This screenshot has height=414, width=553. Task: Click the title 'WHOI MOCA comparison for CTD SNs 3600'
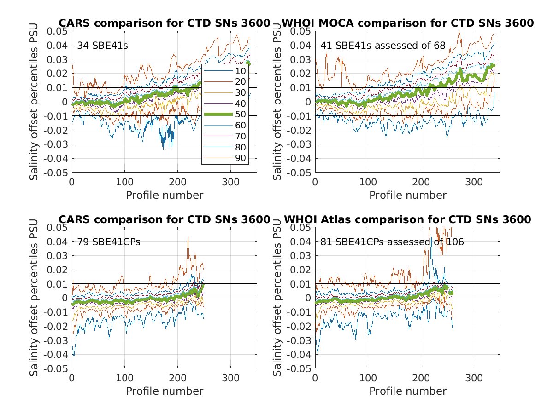pyautogui.click(x=408, y=23)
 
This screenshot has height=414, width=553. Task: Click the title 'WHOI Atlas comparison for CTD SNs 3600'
pyautogui.click(x=408, y=219)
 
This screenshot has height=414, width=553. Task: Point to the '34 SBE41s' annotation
pyautogui.click(x=96, y=46)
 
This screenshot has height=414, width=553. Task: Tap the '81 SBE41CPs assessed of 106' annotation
pyautogui.click(x=392, y=241)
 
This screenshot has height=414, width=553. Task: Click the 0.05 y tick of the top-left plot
pyautogui.click(x=57, y=31)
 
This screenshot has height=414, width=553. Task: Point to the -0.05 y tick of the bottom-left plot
pyautogui.click(x=55, y=369)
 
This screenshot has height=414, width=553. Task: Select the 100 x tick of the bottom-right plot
pyautogui.click(x=368, y=378)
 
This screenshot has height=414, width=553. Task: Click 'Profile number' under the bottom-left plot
pyautogui.click(x=165, y=391)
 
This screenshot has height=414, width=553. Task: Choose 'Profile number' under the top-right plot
pyautogui.click(x=408, y=195)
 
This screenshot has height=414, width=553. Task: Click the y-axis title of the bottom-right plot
pyautogui.click(x=278, y=298)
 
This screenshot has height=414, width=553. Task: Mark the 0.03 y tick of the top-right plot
pyautogui.click(x=300, y=59)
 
